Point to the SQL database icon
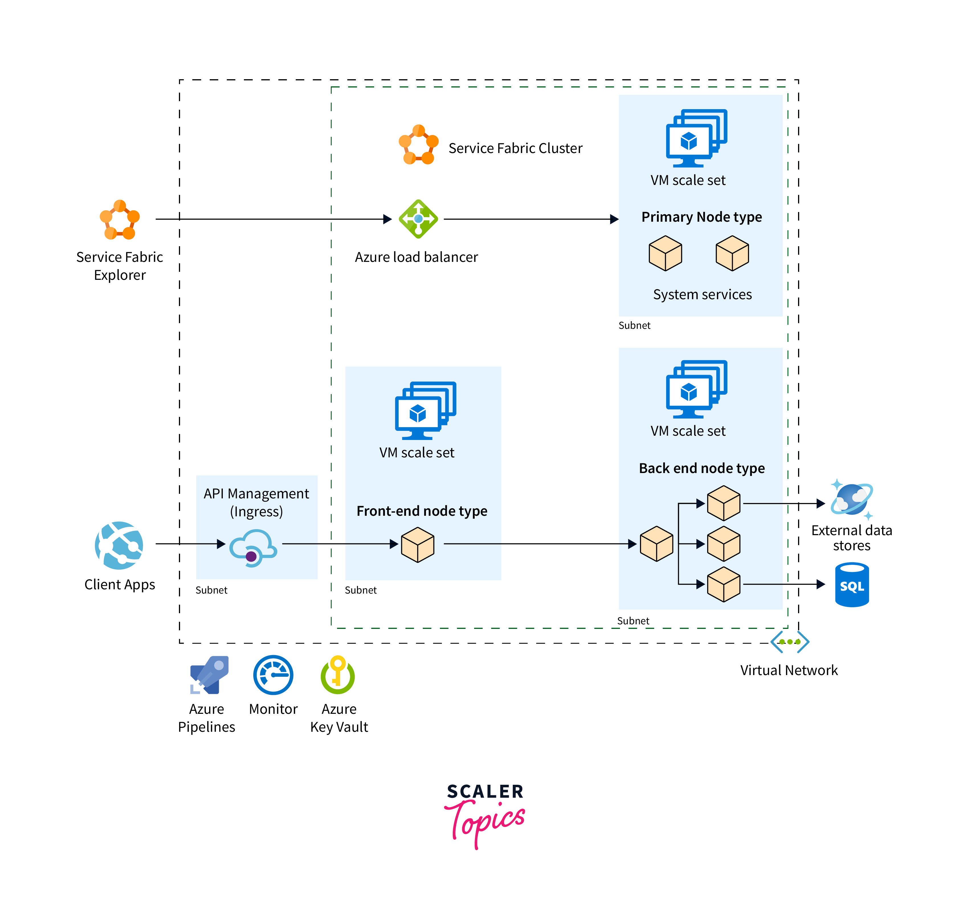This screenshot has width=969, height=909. point(852,585)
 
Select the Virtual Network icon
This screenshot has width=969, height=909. point(790,642)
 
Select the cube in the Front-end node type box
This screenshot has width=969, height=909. point(418,545)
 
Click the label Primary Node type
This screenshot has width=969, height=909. point(701,217)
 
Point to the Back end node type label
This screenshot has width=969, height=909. point(701,468)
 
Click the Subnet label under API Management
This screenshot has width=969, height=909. point(211,590)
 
